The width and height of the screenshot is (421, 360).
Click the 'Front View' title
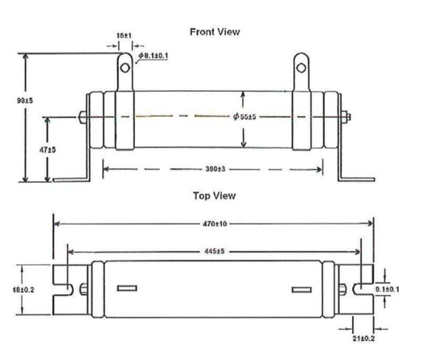[214, 32]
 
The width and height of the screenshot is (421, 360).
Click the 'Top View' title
[214, 196]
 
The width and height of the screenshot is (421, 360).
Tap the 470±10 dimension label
[214, 224]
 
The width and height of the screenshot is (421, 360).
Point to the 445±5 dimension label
[214, 251]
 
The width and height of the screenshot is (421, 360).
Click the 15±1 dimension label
[124, 36]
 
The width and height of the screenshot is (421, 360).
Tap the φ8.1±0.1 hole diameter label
[153, 56]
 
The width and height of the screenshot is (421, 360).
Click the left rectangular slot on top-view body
[127, 289]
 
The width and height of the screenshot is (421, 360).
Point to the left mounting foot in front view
[71, 178]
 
